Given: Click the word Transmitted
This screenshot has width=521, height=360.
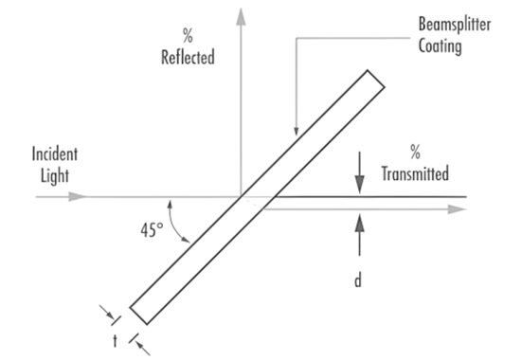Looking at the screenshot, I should (x=414, y=174).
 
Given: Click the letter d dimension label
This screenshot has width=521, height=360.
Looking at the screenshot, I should (x=359, y=281).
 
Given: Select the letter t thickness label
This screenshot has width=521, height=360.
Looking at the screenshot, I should (x=116, y=339).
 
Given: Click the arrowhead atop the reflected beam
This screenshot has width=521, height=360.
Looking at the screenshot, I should (x=242, y=14).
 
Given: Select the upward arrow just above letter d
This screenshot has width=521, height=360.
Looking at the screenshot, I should (x=360, y=222).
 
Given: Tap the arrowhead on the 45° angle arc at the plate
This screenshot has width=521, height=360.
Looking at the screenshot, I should (x=189, y=243).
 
